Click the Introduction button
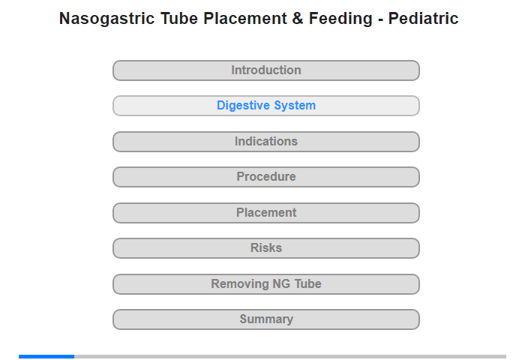point(266,70)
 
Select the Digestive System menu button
point(266,106)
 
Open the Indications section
point(266,142)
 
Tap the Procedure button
point(266,177)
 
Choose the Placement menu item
point(266,213)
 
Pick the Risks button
point(266,248)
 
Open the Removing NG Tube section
point(266,284)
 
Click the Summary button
point(266,319)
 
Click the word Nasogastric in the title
point(106,19)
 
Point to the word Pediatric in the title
point(423,19)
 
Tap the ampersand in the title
point(298,19)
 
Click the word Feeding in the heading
point(340,19)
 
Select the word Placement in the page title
point(244,19)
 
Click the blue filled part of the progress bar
point(46,357)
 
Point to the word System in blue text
point(295,106)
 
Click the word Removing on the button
point(239,284)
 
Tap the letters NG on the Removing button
point(281,284)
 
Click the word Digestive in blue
point(244,106)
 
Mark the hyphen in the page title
point(380,19)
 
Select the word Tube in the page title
point(179,19)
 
